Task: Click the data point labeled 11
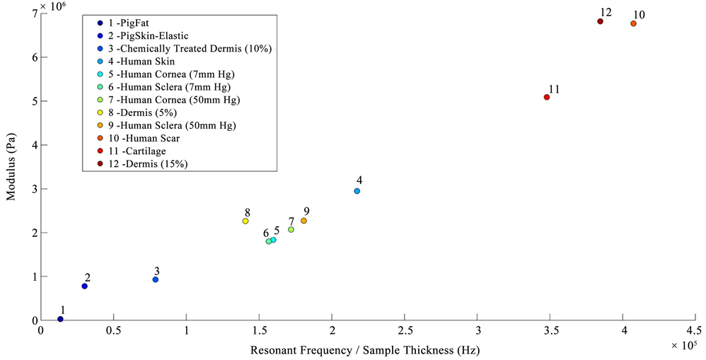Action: [547, 97]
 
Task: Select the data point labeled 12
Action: [600, 21]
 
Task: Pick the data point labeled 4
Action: [357, 191]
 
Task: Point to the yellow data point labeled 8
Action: [245, 221]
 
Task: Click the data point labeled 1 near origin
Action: [60, 319]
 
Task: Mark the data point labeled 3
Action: [156, 279]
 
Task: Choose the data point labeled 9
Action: [303, 221]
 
